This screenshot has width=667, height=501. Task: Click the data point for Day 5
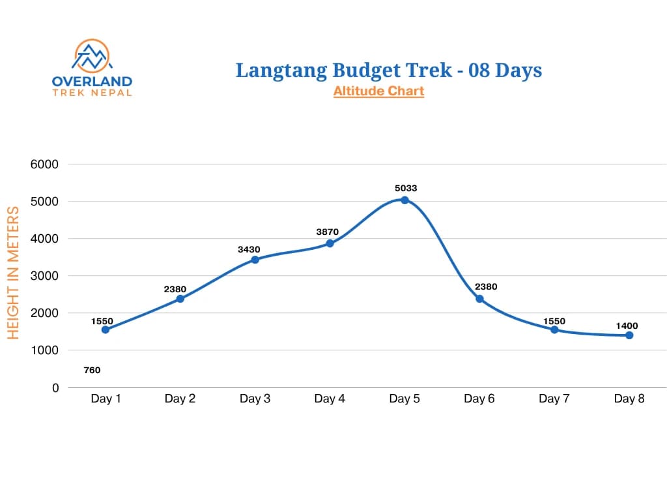pos(404,200)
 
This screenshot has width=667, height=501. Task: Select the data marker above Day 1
pos(106,329)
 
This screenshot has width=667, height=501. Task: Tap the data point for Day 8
pos(629,335)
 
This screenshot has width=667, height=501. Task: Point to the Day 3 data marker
pos(255,260)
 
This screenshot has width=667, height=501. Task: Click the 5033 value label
pos(405,189)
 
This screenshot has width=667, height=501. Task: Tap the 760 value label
pos(92,371)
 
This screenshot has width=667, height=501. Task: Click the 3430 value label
pos(249,249)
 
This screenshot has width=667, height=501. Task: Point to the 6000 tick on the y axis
pos(44,164)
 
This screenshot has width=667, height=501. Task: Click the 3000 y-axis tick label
pos(44,276)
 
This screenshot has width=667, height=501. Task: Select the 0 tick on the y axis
pos(55,387)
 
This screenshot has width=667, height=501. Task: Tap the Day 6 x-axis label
pos(479,399)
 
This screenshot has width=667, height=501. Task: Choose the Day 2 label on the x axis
pos(180,399)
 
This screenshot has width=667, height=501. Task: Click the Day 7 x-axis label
pos(554,399)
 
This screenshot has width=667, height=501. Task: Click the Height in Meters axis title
pos(13,273)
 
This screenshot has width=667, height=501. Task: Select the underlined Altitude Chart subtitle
pos(378,91)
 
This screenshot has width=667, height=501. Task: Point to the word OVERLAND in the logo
pos(92,82)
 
